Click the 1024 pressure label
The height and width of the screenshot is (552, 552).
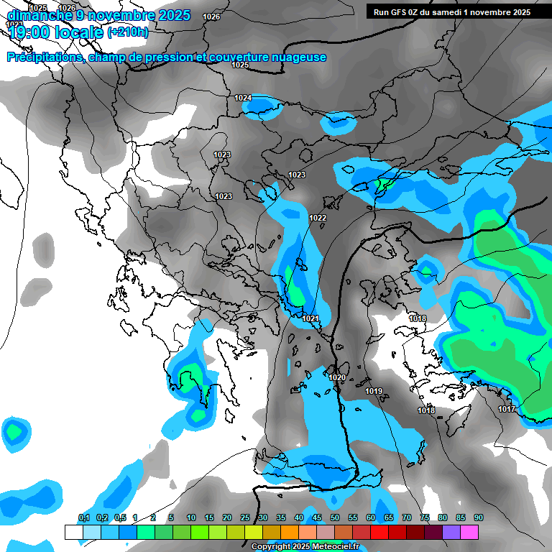click(243, 98)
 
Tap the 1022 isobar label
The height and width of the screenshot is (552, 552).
click(318, 218)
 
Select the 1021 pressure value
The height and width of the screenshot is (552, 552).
click(310, 318)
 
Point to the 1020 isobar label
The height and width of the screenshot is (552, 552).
click(336, 377)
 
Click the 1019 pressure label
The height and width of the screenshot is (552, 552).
click(374, 391)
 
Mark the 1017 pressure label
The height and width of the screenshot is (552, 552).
click(506, 409)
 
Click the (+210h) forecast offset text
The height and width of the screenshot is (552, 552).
click(128, 32)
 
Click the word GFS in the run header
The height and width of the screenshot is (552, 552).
click(400, 12)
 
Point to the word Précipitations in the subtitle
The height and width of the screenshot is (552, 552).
click(45, 57)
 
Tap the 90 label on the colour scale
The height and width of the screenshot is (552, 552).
click(478, 517)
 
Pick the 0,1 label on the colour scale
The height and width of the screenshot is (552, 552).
click(84, 517)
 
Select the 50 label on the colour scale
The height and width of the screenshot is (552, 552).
click(335, 517)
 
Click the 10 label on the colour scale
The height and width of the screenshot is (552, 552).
click(190, 517)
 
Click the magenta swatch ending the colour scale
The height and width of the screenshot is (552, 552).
click(469, 532)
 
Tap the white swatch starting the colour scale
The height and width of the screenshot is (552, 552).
click(73, 532)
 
